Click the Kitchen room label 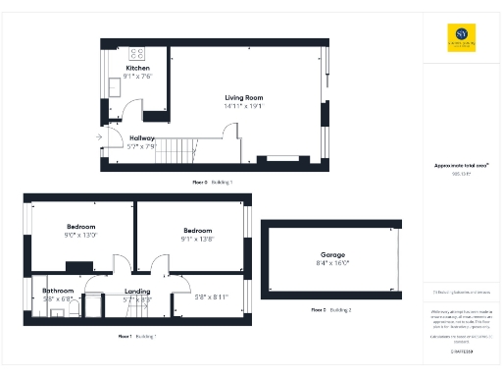[137, 68]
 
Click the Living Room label [244, 98]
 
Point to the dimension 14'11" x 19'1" [244, 106]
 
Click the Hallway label [142, 138]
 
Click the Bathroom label [59, 291]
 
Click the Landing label [137, 292]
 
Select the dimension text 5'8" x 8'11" [212, 297]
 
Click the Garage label [332, 255]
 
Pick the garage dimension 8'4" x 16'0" [332, 263]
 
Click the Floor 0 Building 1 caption [212, 183]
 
